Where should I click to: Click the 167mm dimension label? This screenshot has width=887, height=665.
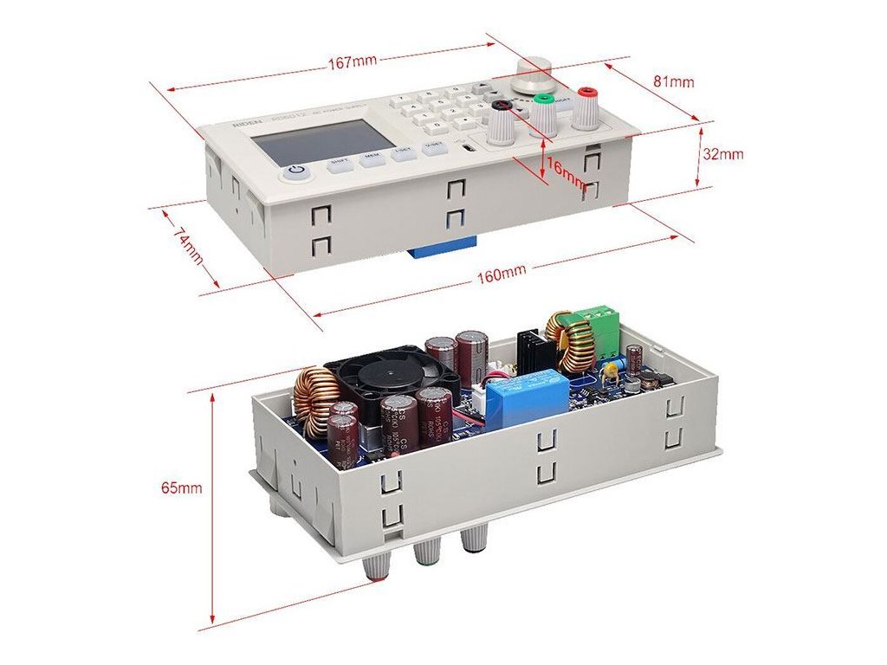pos(352,62)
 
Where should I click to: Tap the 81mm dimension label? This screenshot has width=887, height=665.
pos(673,82)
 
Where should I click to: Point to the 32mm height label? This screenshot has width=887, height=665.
pos(723,154)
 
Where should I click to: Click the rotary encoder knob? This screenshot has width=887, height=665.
pos(532,74)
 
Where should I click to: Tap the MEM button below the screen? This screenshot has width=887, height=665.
pos(372,158)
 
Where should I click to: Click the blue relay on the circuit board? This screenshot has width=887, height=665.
pos(528,397)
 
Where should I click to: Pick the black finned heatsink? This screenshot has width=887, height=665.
pos(534,349)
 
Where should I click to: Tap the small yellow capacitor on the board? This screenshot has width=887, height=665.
pos(613,370)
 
